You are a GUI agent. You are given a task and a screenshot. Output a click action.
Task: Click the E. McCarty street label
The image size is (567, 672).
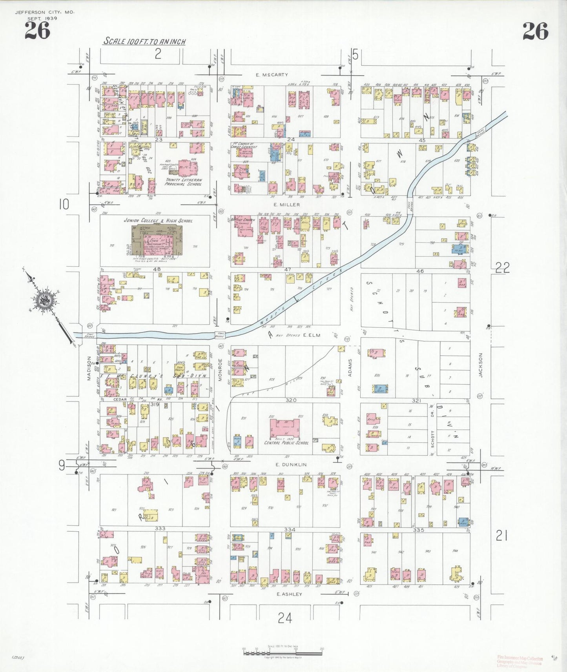(272, 74)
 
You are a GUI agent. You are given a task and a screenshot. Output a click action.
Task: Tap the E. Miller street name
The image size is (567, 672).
(287, 205)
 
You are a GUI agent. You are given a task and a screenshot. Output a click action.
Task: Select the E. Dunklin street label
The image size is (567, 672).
(291, 465)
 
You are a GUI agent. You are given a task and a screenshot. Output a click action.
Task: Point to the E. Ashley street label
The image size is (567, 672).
(289, 594)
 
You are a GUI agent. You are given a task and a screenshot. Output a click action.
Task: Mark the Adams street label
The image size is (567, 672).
(350, 367)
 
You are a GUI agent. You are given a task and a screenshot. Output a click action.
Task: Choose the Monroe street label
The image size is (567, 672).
(220, 369)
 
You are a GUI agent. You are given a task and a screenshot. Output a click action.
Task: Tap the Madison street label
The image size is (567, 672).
(89, 368)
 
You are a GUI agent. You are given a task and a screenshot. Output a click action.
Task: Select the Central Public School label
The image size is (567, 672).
(286, 443)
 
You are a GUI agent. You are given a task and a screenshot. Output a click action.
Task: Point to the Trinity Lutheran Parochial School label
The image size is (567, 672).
(184, 182)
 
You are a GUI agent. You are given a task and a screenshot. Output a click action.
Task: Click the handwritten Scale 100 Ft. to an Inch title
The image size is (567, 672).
(144, 41)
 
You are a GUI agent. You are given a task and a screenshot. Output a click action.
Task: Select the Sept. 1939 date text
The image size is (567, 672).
(42, 18)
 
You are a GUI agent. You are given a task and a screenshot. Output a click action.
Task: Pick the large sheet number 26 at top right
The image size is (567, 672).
(535, 31)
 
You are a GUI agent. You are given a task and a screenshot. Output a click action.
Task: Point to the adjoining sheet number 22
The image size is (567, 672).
(502, 267)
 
